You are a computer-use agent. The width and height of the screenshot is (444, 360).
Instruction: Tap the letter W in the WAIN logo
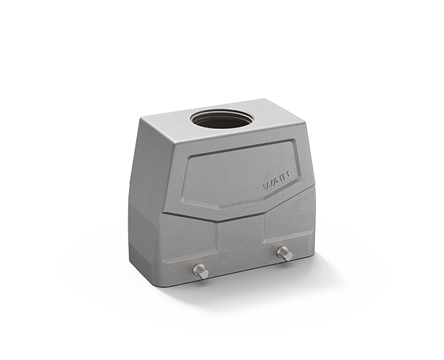267,186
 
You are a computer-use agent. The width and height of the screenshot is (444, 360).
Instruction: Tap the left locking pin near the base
201,271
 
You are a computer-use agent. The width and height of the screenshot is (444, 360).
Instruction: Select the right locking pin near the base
285,253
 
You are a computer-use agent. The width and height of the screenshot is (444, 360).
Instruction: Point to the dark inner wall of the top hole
221,118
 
